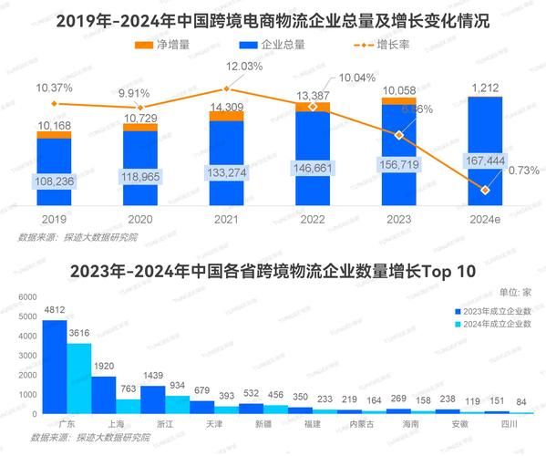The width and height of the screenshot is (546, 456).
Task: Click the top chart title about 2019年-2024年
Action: pos(273,21)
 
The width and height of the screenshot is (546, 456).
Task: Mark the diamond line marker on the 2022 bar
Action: pos(313,107)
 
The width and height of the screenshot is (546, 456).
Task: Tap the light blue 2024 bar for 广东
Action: pos(79,378)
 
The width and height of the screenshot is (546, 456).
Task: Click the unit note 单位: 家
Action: pos(514,292)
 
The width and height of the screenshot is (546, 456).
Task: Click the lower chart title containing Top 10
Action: pos(273,272)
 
